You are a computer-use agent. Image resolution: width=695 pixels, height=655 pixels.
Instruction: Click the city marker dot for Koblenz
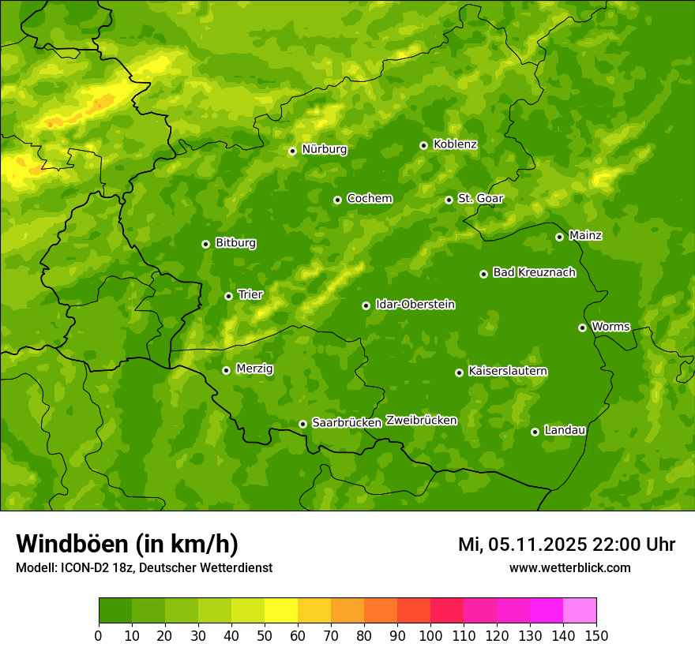click(423, 145)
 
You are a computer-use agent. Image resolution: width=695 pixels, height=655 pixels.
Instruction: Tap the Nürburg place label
click(324, 149)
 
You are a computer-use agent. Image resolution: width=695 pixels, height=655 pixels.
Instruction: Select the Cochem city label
click(369, 198)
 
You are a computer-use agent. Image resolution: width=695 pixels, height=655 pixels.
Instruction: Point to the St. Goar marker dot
click(449, 200)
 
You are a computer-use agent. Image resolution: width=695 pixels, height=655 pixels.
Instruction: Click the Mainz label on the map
click(585, 235)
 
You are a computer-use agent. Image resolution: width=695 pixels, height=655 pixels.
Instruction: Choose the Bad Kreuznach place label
click(534, 272)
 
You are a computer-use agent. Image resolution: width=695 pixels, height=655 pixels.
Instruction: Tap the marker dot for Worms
click(582, 327)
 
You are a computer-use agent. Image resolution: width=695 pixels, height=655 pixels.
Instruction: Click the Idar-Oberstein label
click(415, 305)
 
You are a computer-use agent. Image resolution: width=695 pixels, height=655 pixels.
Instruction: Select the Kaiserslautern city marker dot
click(459, 372)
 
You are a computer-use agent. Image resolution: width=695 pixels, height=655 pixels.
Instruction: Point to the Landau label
click(565, 430)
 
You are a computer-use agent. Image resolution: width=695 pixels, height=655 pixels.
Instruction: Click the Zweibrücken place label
click(421, 421)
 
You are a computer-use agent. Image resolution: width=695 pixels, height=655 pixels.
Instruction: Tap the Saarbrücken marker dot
click(302, 424)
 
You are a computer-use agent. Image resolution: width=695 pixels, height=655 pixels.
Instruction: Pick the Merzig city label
click(254, 369)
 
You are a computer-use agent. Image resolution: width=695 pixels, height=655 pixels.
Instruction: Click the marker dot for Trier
click(228, 296)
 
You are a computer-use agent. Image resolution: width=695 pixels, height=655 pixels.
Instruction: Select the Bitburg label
click(235, 243)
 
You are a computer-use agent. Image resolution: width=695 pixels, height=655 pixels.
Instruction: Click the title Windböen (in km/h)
click(126, 544)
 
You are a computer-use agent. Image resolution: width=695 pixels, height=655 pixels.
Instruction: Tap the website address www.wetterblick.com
click(569, 567)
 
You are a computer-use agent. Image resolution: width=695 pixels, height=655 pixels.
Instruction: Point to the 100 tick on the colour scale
click(430, 635)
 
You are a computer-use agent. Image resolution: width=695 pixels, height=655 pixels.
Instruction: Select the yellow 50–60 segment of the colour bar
click(281, 611)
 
